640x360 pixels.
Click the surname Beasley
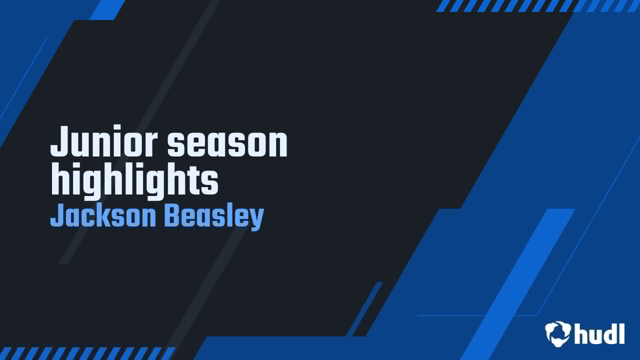click(213, 216)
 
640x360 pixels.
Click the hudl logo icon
click(557, 333)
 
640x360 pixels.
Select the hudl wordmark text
click(599, 333)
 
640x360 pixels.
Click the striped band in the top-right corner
click(537, 5)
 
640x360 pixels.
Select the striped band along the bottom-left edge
click(85, 353)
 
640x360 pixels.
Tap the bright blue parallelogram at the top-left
click(107, 9)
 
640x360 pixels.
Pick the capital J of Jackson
click(57, 215)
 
